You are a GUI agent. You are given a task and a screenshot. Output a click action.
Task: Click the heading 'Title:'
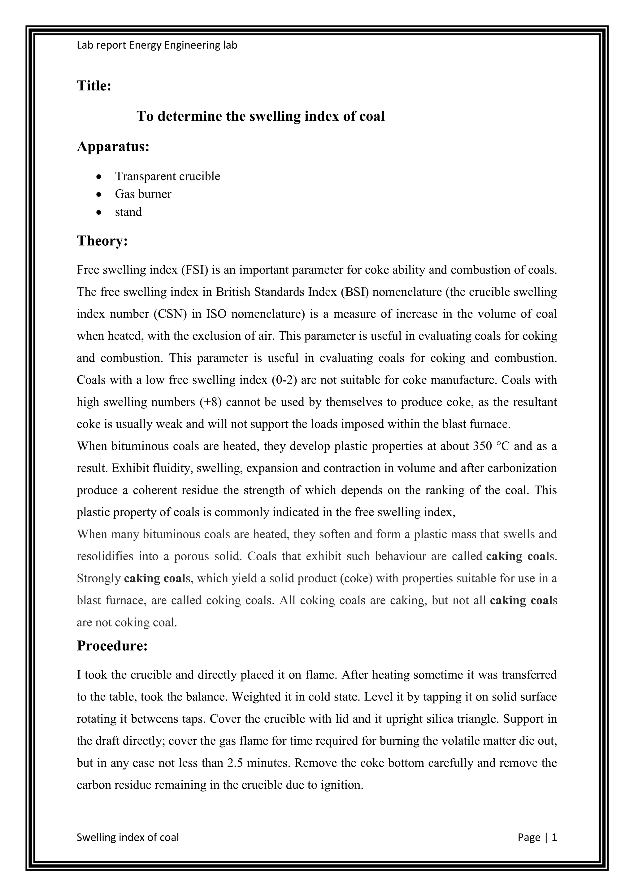(94, 86)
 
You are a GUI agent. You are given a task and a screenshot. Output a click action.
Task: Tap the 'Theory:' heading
(102, 241)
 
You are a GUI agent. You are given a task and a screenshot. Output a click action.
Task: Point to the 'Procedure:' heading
(112, 646)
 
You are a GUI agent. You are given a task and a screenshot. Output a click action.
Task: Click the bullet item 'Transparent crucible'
(167, 176)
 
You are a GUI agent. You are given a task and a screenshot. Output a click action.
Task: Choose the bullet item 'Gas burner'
(143, 194)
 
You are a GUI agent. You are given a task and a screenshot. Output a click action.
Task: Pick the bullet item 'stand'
(128, 212)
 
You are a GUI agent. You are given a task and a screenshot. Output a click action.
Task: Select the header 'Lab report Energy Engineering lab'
(157, 45)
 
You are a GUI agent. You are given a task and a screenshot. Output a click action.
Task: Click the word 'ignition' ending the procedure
(341, 785)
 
